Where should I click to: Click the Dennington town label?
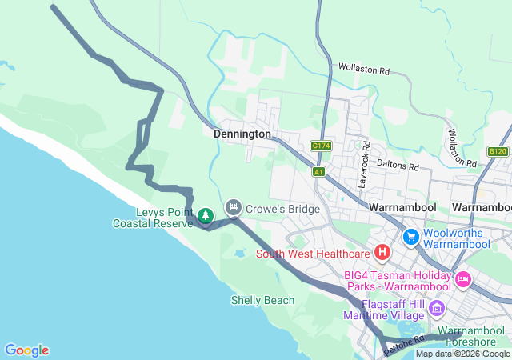(242, 134)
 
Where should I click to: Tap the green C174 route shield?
(321, 146)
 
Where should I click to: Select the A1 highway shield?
(319, 172)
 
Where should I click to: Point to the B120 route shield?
(498, 151)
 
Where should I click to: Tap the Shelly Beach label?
(262, 301)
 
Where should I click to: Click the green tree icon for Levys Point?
(206, 215)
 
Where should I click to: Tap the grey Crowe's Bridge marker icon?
(233, 207)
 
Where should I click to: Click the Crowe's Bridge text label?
(283, 209)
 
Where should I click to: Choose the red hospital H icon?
(382, 254)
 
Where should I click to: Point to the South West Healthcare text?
(313, 254)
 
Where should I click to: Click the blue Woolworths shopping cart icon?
(411, 236)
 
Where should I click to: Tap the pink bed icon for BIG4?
(462, 279)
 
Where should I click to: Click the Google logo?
(26, 350)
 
